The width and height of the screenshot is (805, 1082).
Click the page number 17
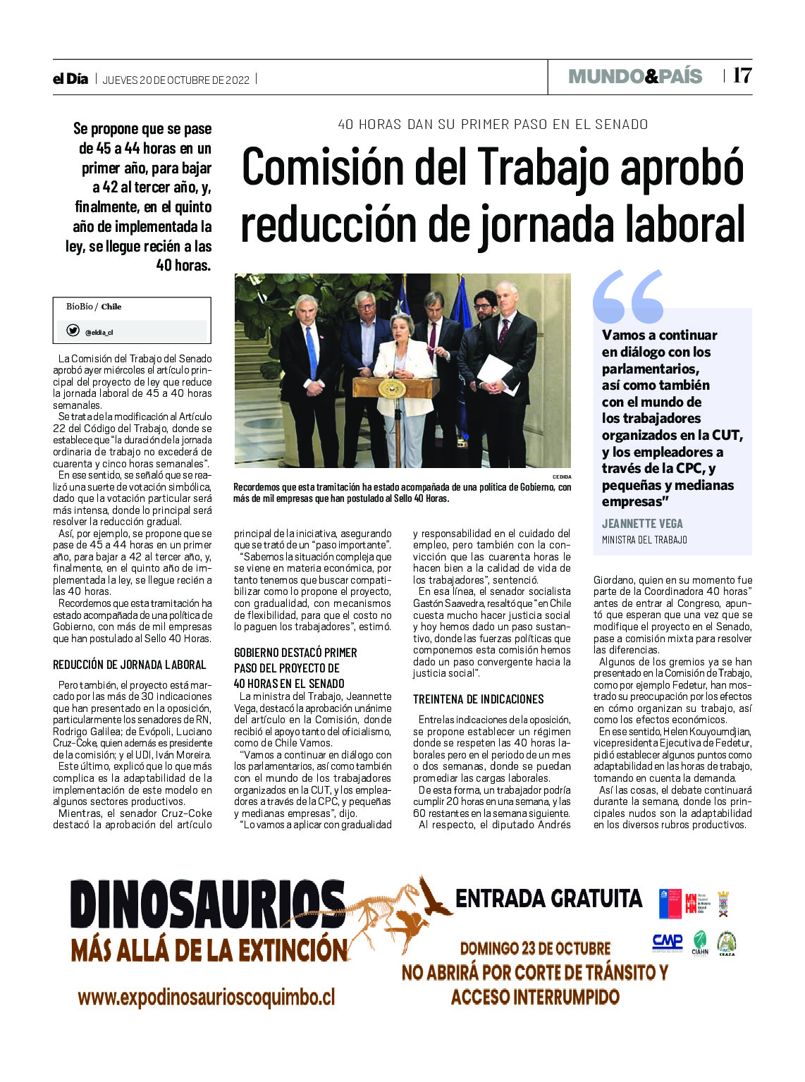coord(742,75)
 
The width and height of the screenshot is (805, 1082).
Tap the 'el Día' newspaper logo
coord(70,79)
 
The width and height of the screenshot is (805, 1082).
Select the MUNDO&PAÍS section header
coord(635,76)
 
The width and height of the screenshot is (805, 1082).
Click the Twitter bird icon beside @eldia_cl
coord(73,331)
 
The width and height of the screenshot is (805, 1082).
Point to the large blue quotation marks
coord(628,296)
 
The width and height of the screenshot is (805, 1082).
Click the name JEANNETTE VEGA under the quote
coord(642,524)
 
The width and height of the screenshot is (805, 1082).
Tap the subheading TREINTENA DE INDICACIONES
coord(478,699)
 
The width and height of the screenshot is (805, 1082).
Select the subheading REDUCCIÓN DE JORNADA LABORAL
coord(130,665)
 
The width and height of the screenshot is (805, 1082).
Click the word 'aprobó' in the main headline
coord(683,168)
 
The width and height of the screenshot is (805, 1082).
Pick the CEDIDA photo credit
coord(562,477)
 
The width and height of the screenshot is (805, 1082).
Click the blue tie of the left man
coord(312,352)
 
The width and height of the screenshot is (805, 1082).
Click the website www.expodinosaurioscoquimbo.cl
coord(206,997)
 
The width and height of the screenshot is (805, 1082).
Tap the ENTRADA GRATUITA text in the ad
coord(548,899)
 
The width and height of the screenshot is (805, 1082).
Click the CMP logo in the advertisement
coord(667,942)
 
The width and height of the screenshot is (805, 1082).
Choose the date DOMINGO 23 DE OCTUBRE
coord(535,948)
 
